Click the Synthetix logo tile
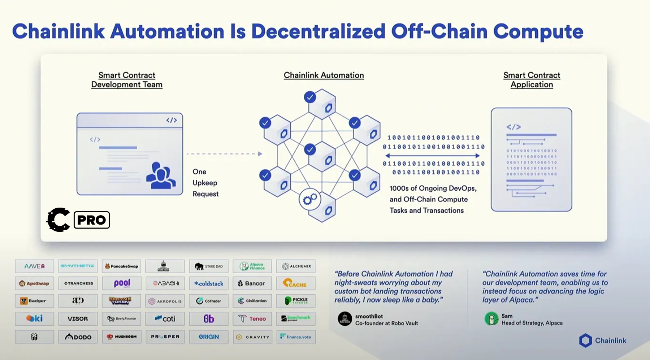click(78, 266)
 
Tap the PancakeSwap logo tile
click(121, 266)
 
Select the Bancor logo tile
click(252, 283)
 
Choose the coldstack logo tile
click(209, 283)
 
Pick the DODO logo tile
click(78, 337)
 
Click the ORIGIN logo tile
click(209, 337)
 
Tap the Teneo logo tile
click(252, 318)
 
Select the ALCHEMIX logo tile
click(296, 266)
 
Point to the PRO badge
click(91, 220)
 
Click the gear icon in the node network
click(310, 199)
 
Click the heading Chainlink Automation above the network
click(324, 75)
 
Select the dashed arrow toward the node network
click(224, 154)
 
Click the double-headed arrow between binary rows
click(432, 156)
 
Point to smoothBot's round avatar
click(345, 319)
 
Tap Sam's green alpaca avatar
click(491, 319)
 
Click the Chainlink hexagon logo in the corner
click(585, 341)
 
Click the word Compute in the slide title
click(538, 31)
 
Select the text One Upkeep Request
click(205, 183)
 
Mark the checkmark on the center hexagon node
click(310, 149)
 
